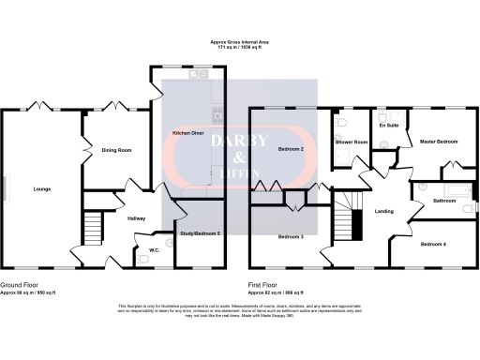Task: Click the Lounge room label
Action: click(41, 189)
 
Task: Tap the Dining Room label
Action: click(116, 150)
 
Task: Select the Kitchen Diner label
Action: click(188, 133)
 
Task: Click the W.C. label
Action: click(156, 249)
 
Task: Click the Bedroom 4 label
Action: click(433, 244)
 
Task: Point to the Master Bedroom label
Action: click(439, 142)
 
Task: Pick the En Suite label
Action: click(389, 125)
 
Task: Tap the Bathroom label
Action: click(444, 201)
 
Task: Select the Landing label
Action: click(383, 210)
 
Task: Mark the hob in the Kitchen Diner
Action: click(217, 116)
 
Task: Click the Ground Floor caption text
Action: click(20, 282)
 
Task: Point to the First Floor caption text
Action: click(266, 282)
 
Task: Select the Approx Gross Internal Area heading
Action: click(240, 42)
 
